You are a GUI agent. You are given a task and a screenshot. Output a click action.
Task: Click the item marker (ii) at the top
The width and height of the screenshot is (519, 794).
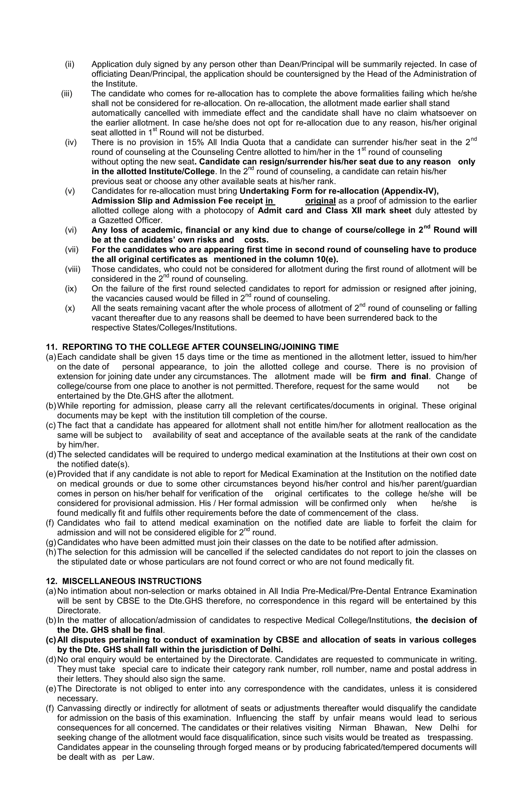point(69,64)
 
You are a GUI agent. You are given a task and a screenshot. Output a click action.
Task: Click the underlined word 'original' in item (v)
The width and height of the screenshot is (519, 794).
point(320,201)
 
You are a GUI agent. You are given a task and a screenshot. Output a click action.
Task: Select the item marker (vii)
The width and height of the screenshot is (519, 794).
point(71,250)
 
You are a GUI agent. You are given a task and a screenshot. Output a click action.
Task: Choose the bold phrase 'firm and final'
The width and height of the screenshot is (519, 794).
point(399,377)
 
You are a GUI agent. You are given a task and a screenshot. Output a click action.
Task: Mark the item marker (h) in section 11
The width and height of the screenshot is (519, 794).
point(51,552)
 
